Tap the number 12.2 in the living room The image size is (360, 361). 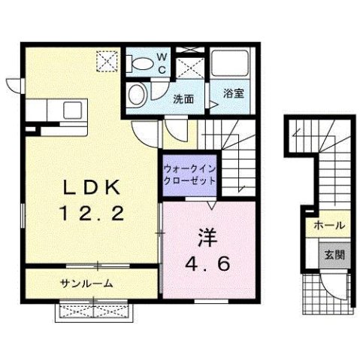click(x=91, y=214)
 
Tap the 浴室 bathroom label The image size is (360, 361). click(x=234, y=96)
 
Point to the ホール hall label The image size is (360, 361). click(x=330, y=226)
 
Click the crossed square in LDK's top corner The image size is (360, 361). click(x=110, y=59)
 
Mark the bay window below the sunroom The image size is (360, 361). click(x=93, y=310)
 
